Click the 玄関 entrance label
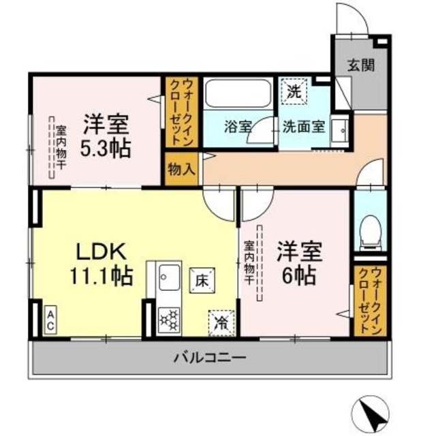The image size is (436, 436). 359,65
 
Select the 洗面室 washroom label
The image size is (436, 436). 304,126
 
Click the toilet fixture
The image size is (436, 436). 371,232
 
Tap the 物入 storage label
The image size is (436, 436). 181,168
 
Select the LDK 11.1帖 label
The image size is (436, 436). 100,263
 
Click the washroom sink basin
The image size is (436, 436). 339,132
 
